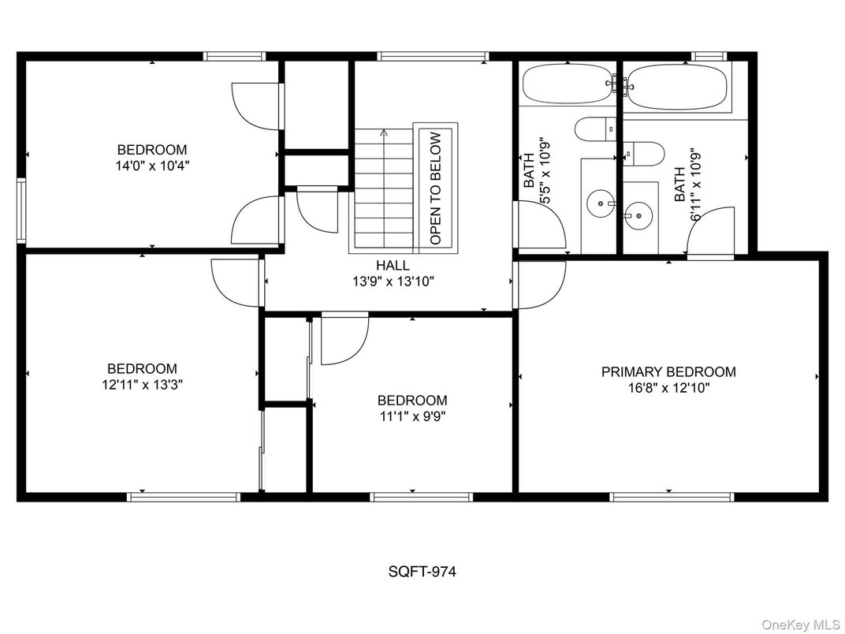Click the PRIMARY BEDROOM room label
668,371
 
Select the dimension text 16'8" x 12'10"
668,387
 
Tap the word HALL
393,266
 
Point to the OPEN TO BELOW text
436,187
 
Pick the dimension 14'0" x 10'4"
152,166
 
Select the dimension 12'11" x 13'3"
142,384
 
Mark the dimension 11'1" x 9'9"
411,416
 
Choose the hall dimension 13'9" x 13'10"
393,281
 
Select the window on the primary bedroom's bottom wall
672,497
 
